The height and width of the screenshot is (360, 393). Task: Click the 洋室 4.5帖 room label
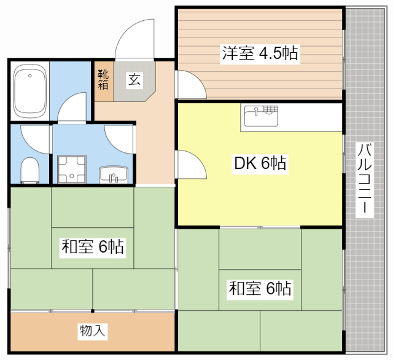(260, 53)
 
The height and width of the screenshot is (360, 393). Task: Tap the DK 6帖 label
(260, 163)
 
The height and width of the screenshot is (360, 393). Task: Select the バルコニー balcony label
(364, 179)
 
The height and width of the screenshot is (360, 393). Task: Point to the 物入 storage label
(93, 331)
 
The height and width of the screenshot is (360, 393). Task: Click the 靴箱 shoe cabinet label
(103, 80)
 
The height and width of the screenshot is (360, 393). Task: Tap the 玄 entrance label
(134, 80)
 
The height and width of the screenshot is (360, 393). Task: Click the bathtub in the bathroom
(29, 92)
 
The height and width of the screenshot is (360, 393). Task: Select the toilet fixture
(29, 170)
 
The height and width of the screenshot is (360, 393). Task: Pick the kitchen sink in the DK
(261, 116)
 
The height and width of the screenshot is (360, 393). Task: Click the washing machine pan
(72, 170)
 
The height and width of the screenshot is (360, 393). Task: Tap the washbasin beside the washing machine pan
(114, 174)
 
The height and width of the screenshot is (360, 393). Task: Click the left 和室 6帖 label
(93, 246)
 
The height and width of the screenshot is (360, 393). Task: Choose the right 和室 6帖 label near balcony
(260, 288)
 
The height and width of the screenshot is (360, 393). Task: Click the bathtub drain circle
(30, 76)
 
